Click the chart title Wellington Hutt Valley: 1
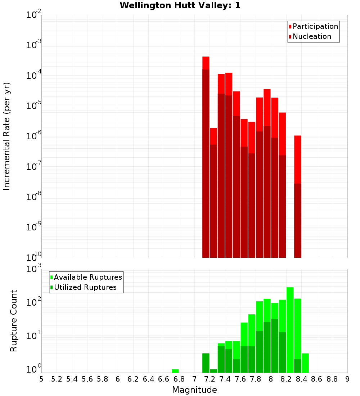coord(180,5)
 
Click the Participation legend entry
coord(315,26)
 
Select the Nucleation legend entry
coord(312,36)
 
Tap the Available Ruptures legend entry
coord(87,277)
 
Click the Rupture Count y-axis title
coord(14,320)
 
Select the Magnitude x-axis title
coord(194,390)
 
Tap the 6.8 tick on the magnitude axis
coord(179,379)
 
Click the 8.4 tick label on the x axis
coord(302,379)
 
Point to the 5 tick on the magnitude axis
coord(41,379)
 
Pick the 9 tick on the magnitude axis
coord(347,379)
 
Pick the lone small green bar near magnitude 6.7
coord(175,371)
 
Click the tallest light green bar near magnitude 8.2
coord(290,324)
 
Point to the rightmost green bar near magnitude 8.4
coord(305,363)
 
